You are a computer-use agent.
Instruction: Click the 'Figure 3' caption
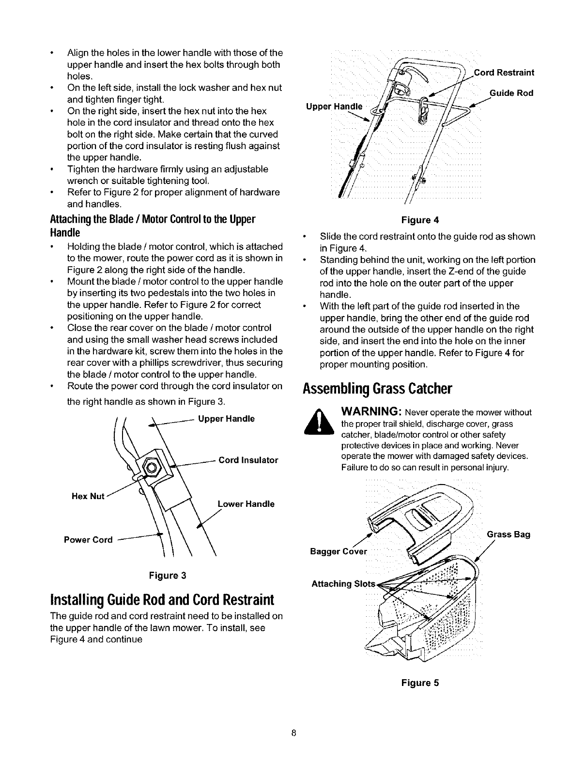point(167,576)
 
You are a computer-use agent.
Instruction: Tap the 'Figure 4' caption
point(420,220)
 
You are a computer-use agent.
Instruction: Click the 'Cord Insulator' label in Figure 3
point(248,460)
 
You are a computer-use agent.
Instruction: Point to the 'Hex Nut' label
point(88,496)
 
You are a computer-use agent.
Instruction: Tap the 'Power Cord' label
point(88,540)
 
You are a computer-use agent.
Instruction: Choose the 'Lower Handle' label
point(246,504)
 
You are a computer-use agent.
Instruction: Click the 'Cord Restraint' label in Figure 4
point(504,73)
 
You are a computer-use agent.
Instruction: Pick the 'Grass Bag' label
point(509,534)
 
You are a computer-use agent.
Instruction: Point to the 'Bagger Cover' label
point(339,551)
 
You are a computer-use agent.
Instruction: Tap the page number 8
point(293,732)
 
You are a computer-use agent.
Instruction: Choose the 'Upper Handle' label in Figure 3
point(226,419)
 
